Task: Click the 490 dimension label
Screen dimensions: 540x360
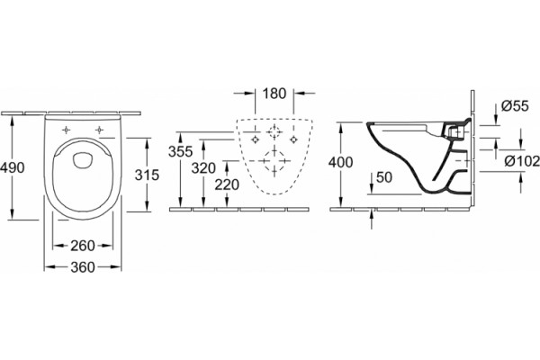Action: pyautogui.click(x=13, y=167)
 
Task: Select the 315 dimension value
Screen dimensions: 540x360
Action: pyautogui.click(x=147, y=175)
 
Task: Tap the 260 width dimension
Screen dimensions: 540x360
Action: pyautogui.click(x=83, y=246)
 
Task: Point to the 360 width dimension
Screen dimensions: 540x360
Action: pyautogui.click(x=83, y=267)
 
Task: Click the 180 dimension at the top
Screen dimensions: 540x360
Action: pyautogui.click(x=274, y=94)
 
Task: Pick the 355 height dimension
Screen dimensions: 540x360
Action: pyautogui.click(x=181, y=151)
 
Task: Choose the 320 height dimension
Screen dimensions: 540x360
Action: pyautogui.click(x=203, y=168)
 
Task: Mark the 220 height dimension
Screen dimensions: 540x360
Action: pyautogui.click(x=227, y=185)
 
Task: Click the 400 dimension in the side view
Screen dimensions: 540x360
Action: pyautogui.click(x=340, y=162)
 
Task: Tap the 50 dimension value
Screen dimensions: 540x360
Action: pyautogui.click(x=384, y=177)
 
